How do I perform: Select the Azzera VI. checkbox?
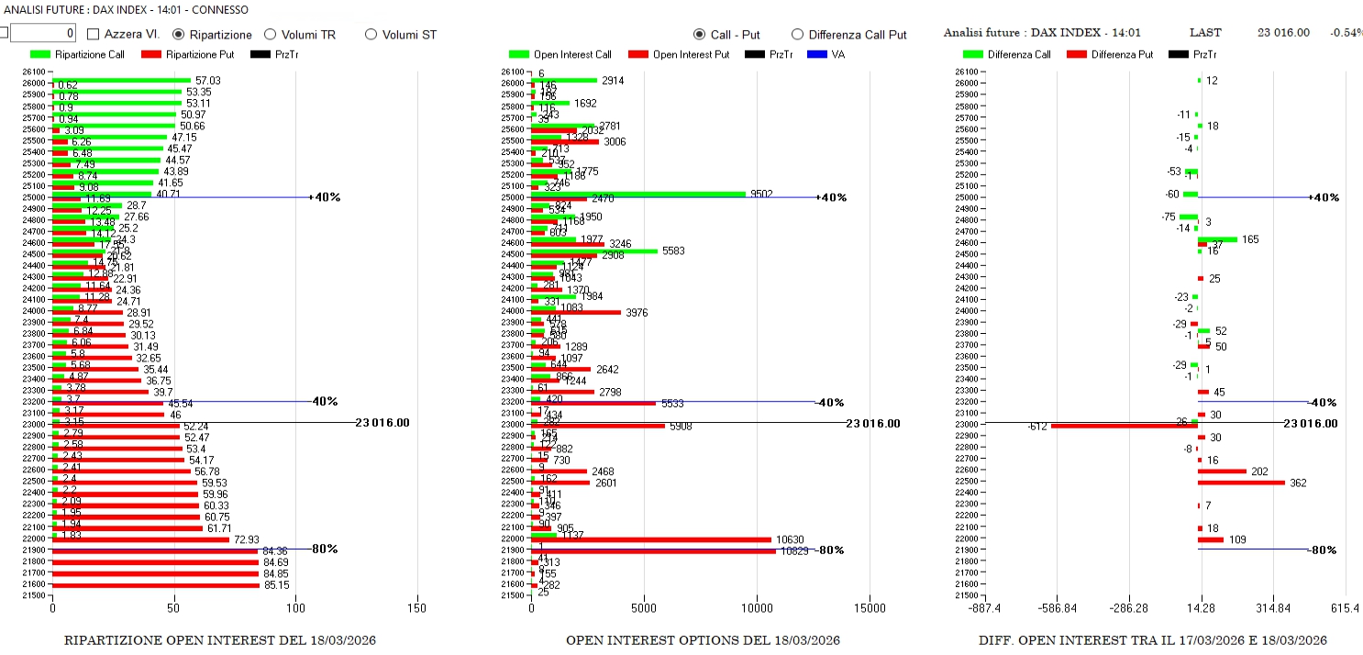94,34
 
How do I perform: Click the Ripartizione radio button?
180,34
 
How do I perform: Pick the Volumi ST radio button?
371,34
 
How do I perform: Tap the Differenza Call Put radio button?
797,34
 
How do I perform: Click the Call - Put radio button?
701,34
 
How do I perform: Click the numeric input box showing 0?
42,34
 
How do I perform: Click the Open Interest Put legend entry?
678,54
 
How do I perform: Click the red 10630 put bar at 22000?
651,539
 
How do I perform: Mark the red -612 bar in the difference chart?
1125,426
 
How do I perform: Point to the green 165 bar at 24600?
1217,239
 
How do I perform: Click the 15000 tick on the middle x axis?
870,607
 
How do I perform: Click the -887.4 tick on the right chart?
985,607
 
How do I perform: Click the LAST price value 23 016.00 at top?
1283,32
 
